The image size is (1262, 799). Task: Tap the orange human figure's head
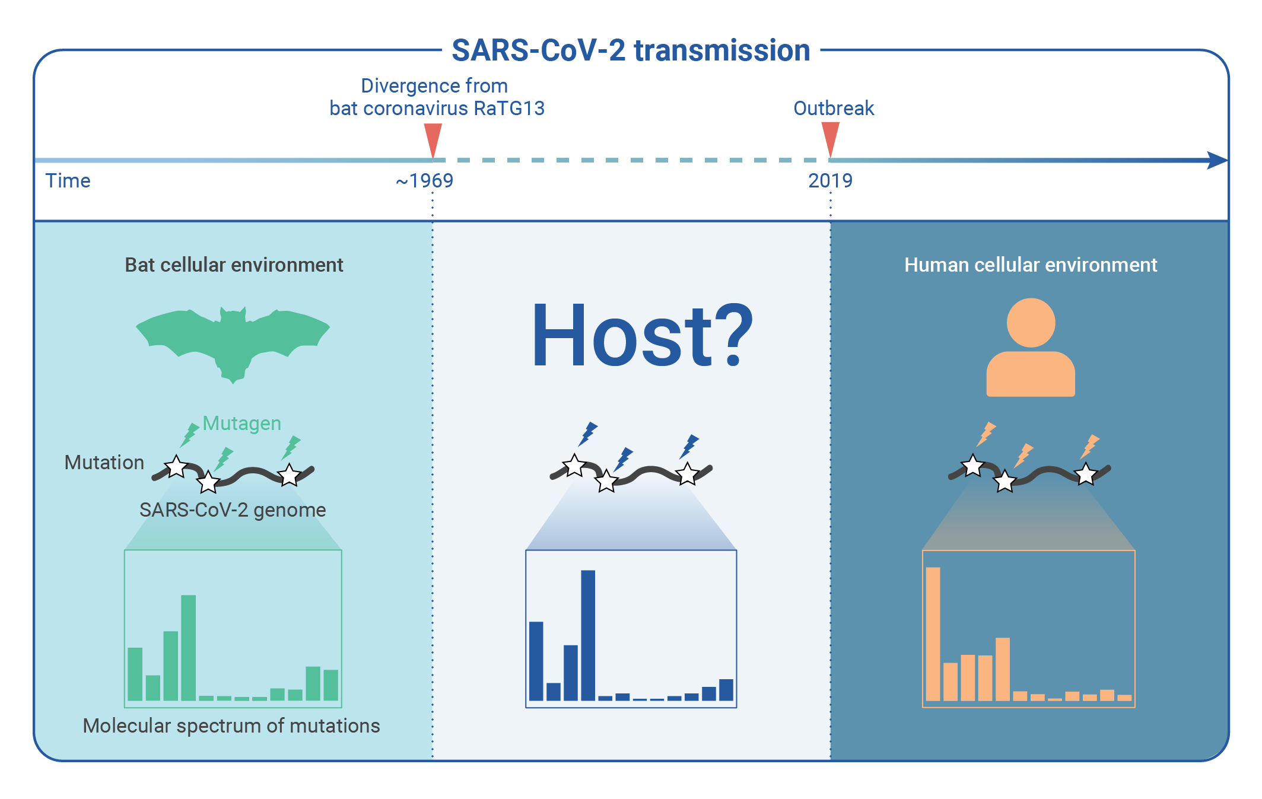[x=1031, y=323]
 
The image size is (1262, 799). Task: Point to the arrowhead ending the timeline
[x=1218, y=160]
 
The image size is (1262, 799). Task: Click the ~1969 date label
[x=424, y=180]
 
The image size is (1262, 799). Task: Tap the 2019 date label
[x=830, y=180]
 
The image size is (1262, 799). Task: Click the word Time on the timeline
[x=68, y=180]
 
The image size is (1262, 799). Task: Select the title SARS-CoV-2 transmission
[x=631, y=50]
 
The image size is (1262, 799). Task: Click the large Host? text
[x=642, y=335]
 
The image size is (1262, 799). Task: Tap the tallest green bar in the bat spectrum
[x=188, y=648]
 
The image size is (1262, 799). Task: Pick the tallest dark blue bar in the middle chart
[x=588, y=635]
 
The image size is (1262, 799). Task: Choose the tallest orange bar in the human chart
[x=933, y=634]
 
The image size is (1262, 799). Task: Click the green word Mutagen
[x=241, y=423]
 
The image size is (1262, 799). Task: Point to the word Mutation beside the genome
[x=104, y=462]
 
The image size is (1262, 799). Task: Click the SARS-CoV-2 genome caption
[x=233, y=510]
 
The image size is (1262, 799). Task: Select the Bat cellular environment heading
[x=234, y=265]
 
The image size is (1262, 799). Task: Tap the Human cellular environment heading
[x=1031, y=265]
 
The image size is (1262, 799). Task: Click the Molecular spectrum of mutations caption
[x=231, y=725]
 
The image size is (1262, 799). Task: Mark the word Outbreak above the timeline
[x=834, y=108]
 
